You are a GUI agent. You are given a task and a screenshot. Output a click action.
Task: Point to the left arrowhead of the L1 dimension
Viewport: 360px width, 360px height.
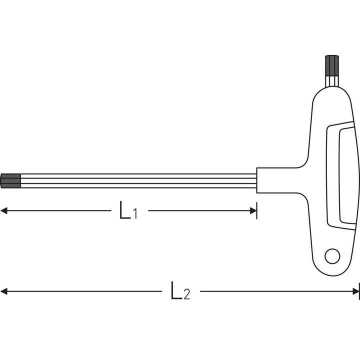tap(4, 211)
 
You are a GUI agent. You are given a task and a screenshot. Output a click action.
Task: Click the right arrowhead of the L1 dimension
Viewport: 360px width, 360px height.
tap(253, 211)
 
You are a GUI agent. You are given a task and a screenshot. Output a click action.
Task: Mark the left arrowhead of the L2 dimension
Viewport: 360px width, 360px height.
tap(4, 291)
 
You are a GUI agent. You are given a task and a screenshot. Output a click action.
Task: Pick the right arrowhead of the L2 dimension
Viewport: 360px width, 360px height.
tap(355, 291)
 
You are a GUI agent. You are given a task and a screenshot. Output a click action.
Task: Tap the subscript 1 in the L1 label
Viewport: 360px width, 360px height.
tap(135, 214)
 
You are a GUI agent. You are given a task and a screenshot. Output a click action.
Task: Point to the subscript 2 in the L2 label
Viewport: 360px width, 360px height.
tap(186, 294)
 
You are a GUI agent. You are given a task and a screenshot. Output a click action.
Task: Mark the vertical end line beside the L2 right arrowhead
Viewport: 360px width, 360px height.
tap(359, 291)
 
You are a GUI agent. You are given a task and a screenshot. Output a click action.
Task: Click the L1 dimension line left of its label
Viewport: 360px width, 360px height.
tap(60, 211)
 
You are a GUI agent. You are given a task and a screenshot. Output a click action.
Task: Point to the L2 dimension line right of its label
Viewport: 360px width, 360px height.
tap(275, 291)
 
